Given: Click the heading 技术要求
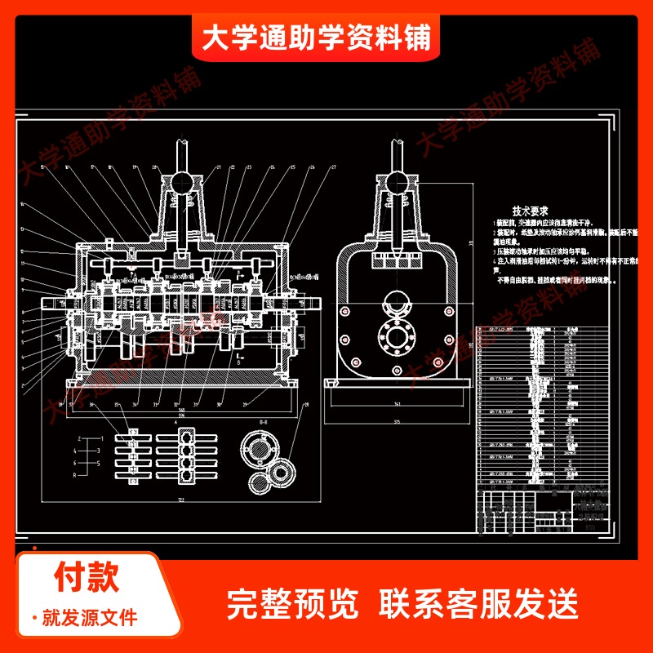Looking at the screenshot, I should pyautogui.click(x=529, y=210).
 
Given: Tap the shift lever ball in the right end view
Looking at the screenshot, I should pyautogui.click(x=398, y=180).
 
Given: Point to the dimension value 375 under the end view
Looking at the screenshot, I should pyautogui.click(x=398, y=422).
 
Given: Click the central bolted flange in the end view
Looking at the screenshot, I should pyautogui.click(x=398, y=336).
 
